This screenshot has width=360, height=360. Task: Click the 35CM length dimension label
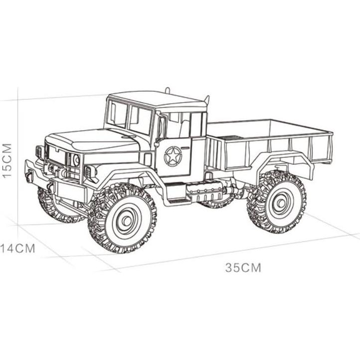click(243, 268)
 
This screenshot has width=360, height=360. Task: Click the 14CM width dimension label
click(18, 248)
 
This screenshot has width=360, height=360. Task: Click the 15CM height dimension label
click(7, 161)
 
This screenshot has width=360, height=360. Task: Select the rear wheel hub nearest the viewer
click(280, 202)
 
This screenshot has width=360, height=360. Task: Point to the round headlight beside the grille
click(76, 160)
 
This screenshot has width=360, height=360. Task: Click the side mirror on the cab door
click(160, 128)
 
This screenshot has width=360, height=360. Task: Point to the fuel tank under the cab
click(204, 190)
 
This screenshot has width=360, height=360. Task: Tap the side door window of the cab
click(178, 125)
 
